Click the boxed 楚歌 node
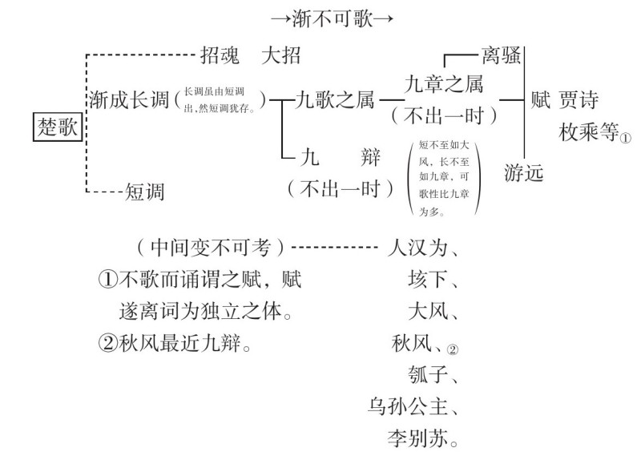[58, 126]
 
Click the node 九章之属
[443, 83]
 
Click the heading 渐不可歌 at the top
[333, 18]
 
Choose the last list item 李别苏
[417, 438]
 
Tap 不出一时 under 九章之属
[443, 116]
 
